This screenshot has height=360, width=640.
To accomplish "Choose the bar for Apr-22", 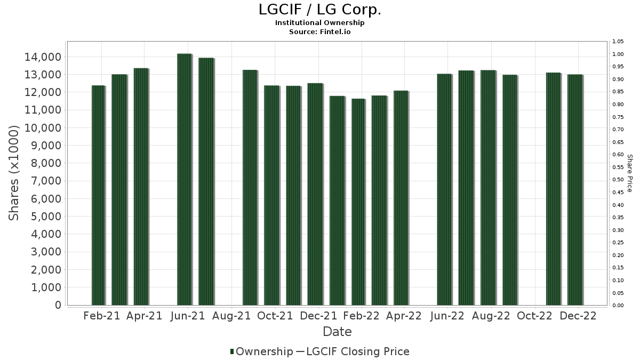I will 401,198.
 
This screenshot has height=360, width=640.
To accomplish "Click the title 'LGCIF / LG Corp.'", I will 320,10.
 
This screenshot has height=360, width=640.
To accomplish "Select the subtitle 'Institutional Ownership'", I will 320,23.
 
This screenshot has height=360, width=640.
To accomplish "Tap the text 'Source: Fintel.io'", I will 320,31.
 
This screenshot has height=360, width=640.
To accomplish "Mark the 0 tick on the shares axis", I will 57,305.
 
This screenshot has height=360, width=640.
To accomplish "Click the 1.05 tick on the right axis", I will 618,42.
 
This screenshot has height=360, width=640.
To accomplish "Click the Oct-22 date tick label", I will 534,316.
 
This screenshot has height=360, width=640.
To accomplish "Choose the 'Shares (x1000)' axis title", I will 14,173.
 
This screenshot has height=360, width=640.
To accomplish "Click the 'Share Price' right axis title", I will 629,173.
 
